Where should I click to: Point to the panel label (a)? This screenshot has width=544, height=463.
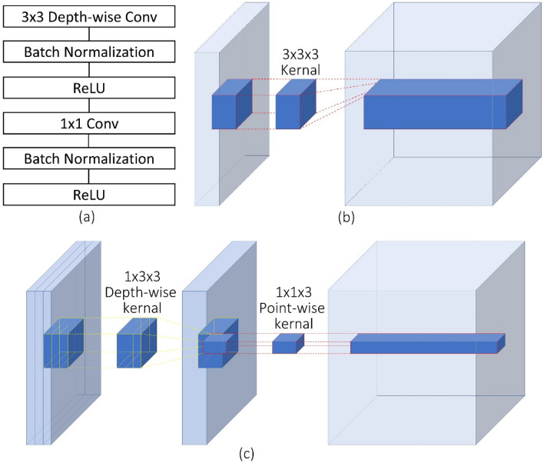(87, 217)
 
